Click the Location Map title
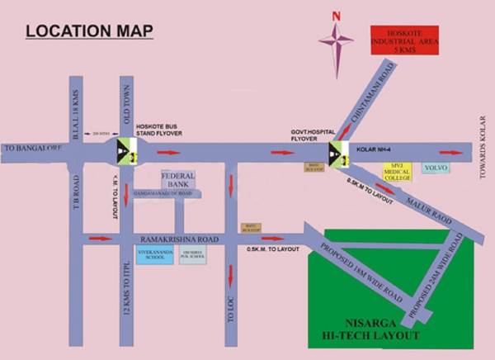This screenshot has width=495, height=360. pos(90,32)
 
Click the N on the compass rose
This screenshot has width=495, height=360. pos(336,15)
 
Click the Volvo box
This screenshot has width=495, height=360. pos(436,168)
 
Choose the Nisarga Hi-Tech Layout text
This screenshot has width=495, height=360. pos(370,331)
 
